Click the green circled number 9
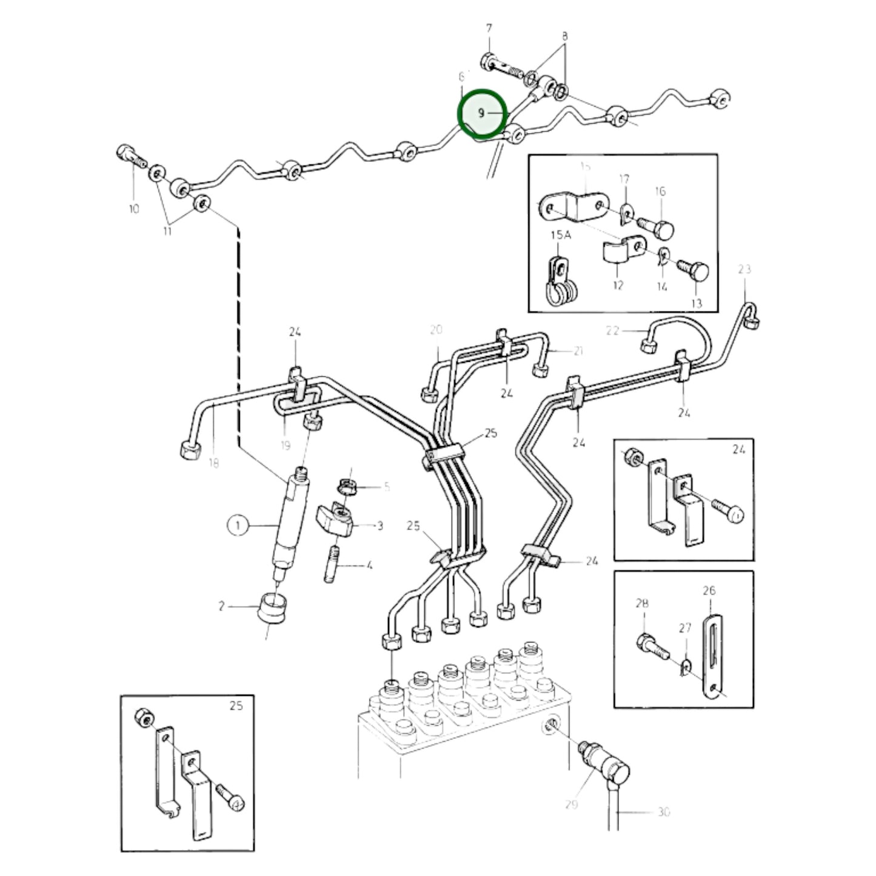[482, 113]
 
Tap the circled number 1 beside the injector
[238, 525]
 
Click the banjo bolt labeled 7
[502, 68]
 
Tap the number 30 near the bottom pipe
[664, 811]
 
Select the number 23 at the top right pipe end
[744, 269]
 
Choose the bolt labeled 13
[694, 270]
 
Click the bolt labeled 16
[658, 229]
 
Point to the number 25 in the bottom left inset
[236, 706]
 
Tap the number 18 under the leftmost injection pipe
[213, 463]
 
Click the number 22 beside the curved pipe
[614, 330]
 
